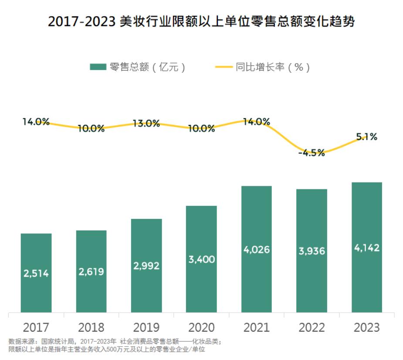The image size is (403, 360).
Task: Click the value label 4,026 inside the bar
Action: tap(256, 250)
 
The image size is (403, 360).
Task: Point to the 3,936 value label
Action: tap(312, 251)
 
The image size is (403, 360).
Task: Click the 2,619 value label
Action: tap(91, 272)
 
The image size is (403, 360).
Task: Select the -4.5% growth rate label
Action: tap(312, 153)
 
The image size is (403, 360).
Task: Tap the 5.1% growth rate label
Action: tap(366, 137)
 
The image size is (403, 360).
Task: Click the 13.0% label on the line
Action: tap(146, 124)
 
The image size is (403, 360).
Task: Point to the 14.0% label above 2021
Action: tap(256, 122)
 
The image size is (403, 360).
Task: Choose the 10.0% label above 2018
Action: tap(91, 128)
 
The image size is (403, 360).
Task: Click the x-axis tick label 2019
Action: tap(146, 327)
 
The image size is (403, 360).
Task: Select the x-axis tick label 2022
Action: tap(312, 327)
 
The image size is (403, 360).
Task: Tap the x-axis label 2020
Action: tap(201, 327)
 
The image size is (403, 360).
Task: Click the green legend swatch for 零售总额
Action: tap(98, 67)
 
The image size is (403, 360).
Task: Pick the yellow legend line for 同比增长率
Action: tap(224, 67)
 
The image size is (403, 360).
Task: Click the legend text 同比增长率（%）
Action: tap(273, 67)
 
